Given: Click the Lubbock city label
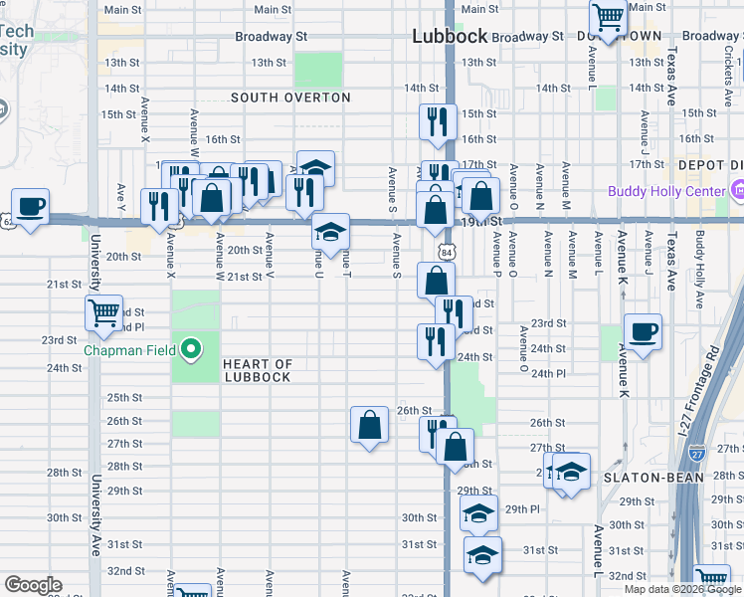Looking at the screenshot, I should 451,36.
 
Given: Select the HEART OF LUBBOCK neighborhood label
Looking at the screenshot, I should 257,371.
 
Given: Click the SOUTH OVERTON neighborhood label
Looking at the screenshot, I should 290,98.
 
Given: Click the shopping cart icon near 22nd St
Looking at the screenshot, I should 103,311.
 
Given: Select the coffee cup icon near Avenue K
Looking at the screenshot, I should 643,331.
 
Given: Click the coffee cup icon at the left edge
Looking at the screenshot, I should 31,205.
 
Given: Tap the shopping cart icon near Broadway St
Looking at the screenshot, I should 608,15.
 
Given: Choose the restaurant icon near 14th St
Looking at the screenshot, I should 437,121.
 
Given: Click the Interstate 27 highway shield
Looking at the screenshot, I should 697,454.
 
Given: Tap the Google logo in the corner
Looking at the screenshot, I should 33,585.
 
